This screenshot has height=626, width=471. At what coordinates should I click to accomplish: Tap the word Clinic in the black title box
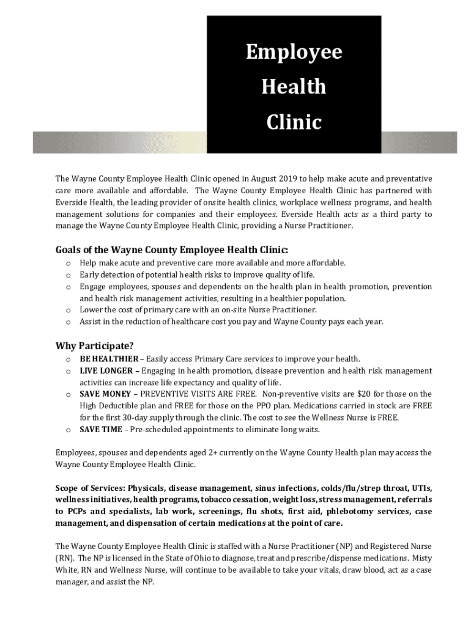pos(294,123)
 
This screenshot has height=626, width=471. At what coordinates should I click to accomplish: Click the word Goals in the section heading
pos(70,250)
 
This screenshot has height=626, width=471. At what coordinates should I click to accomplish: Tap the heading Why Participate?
pos(95,346)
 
